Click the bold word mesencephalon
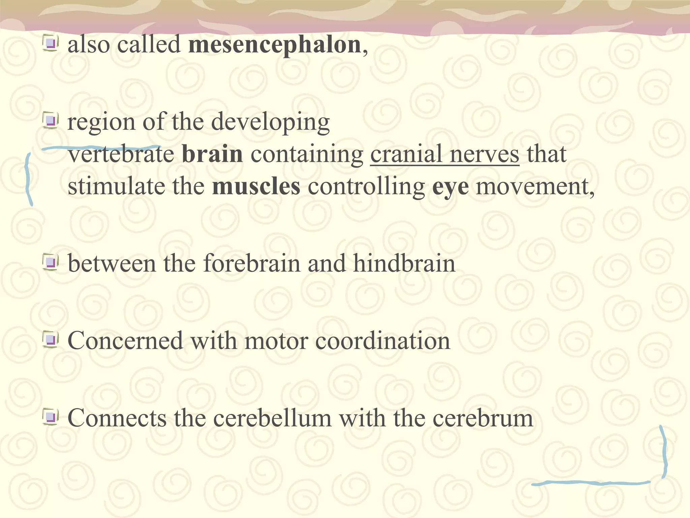[x=275, y=45]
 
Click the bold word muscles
[x=256, y=186]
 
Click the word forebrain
[x=252, y=263]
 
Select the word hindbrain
[x=404, y=263]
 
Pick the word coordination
[x=382, y=341]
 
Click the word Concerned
[x=125, y=341]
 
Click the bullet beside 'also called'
[x=51, y=44]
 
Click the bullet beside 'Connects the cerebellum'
[x=51, y=417]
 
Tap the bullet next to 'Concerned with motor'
[x=51, y=340]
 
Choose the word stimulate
[x=116, y=186]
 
